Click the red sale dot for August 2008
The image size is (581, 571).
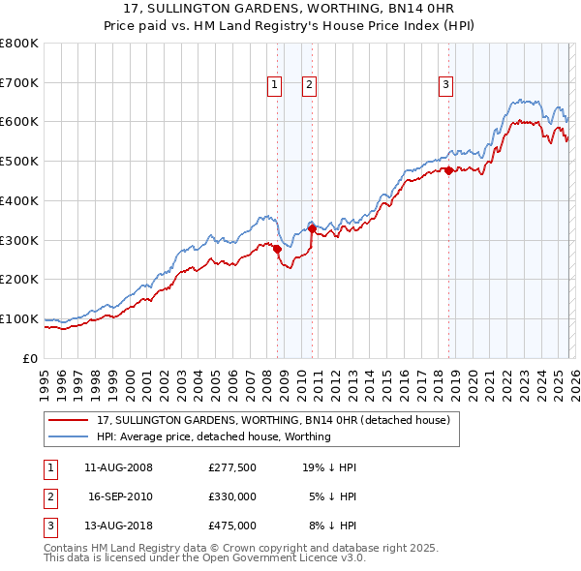[277, 249]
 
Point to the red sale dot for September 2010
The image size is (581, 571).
[313, 228]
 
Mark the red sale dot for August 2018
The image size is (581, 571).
[449, 171]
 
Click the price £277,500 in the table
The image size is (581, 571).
[232, 467]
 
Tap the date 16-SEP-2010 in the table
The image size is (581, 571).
[120, 496]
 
